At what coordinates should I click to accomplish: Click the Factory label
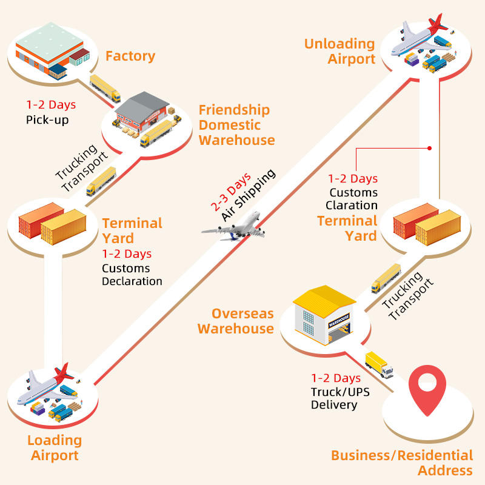point(130,56)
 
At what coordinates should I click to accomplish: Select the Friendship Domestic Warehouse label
point(236,125)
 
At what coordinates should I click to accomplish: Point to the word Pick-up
point(47,119)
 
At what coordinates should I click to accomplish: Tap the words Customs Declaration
point(132,275)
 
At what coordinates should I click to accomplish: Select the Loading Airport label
point(55,447)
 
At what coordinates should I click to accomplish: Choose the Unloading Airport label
point(339,51)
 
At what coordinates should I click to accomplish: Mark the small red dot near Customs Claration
point(429,147)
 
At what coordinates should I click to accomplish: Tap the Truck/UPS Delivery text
point(340,398)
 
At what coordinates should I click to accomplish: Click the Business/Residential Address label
point(402,463)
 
